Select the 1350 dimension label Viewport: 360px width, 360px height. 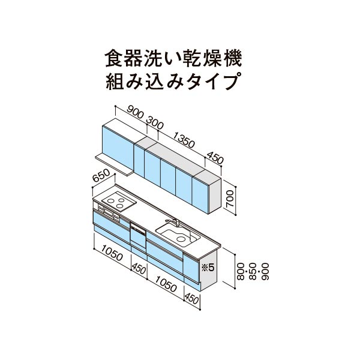184,140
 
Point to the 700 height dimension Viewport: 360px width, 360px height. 230,199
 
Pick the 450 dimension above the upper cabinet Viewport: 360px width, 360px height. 215,157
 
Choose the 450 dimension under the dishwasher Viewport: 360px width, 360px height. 139,268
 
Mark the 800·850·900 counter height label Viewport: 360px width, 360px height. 253,271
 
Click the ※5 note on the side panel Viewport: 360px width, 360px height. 208,267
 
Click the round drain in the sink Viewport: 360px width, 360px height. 181,239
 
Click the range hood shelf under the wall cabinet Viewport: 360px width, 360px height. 114,164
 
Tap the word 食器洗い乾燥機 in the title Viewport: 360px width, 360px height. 173,59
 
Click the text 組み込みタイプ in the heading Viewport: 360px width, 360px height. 172,82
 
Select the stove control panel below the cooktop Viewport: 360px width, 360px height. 109,212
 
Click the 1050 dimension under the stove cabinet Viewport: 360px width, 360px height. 112,253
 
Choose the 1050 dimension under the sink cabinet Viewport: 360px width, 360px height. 166,284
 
